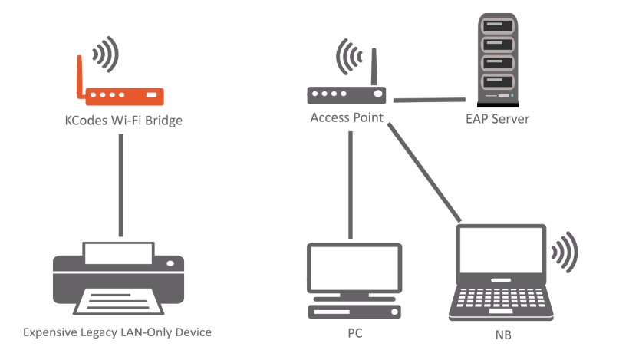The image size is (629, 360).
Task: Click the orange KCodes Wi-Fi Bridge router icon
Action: tap(123, 96)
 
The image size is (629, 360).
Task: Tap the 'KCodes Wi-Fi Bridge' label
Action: tap(123, 121)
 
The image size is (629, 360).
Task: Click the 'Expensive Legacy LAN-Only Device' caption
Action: tap(117, 332)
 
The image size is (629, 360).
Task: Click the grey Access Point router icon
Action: tap(346, 95)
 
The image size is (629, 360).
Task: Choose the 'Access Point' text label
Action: tap(347, 118)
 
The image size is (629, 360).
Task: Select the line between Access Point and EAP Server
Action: tap(430, 99)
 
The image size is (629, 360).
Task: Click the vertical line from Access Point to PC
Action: tap(351, 184)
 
